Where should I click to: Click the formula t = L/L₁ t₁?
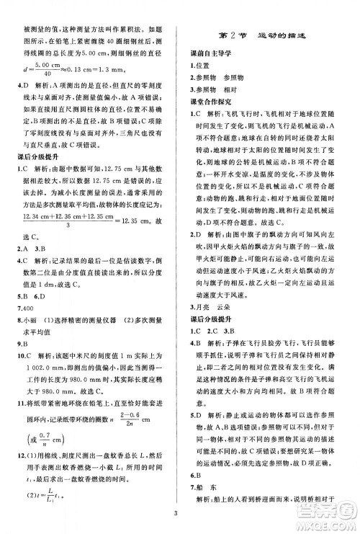click(x=50, y=480)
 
